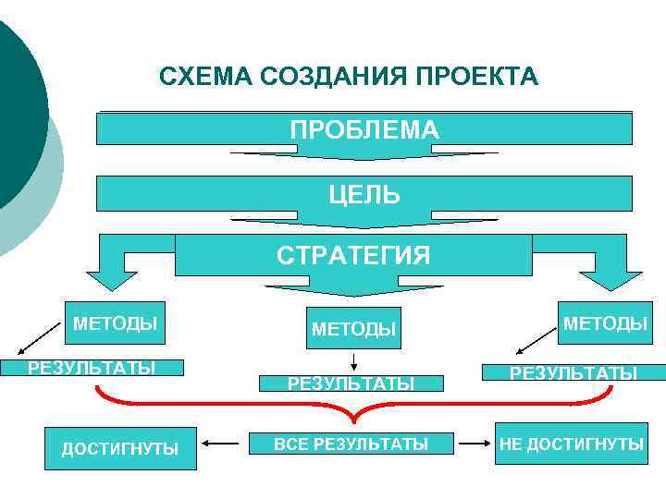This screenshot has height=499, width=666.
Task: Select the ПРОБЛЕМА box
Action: pos(364,129)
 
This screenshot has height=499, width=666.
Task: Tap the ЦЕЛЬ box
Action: pos(364,194)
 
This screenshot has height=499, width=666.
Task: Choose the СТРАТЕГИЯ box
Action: pos(353,255)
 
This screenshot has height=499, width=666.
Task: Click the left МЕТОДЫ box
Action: pos(115,323)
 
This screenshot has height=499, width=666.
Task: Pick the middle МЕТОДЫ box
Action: pos(353,328)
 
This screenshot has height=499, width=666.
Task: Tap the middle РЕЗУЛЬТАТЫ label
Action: pos(351,383)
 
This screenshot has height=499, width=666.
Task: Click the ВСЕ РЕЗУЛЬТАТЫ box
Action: pos(351,444)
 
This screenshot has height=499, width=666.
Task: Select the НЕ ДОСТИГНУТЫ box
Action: pos(572,444)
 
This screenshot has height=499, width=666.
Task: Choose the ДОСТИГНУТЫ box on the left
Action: pos(120,448)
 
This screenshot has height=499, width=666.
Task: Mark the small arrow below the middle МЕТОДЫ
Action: pos(354,361)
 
